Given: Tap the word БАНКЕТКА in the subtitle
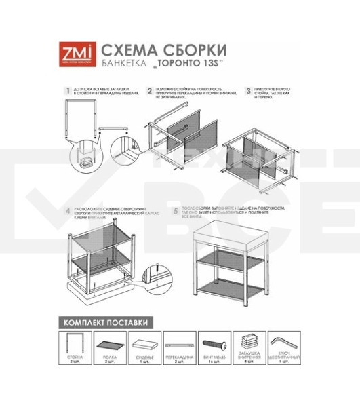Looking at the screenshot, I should coord(121,66).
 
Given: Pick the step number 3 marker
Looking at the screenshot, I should coord(249,90).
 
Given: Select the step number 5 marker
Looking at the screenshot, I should coord(176,211).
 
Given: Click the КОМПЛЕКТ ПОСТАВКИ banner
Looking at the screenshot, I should coord(105,322).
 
